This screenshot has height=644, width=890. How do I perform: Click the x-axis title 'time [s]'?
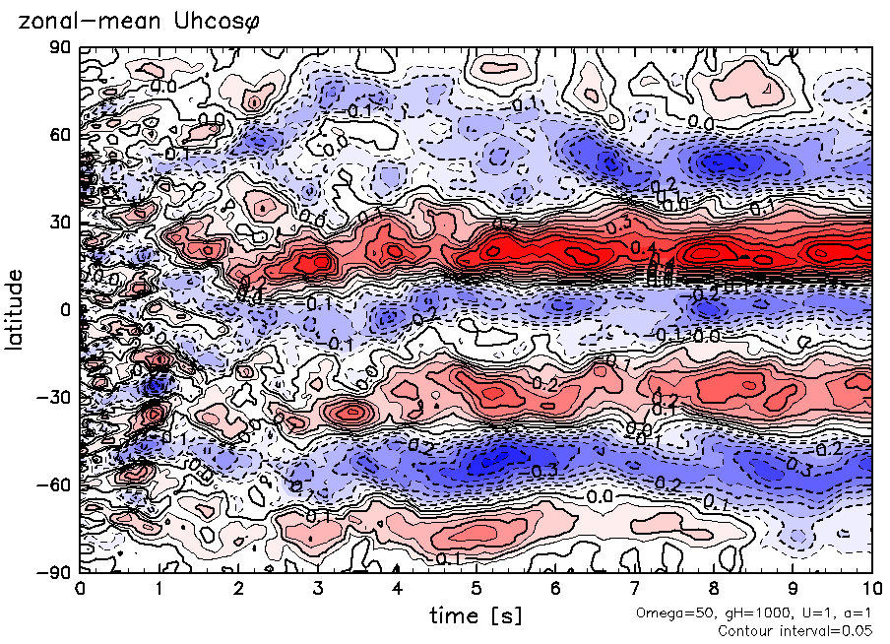click(476, 616)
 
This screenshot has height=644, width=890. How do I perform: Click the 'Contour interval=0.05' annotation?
click(795, 630)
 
